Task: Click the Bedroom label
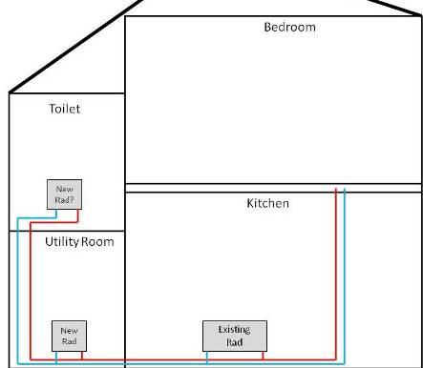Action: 289,27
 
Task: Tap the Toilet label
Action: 64,109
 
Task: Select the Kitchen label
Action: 267,203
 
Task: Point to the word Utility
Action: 62,242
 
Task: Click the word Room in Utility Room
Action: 97,242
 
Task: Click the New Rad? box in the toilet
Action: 64,194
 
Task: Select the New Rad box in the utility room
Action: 69,336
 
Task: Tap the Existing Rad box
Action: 235,336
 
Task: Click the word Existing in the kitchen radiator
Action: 234,330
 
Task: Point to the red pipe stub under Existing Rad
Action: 263,356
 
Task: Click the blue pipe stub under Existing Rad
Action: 207,358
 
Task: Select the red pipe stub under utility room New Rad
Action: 82,356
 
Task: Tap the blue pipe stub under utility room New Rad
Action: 56,358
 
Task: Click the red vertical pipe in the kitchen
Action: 336,275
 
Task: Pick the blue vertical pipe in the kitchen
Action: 345,276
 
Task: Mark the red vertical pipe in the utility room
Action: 31,291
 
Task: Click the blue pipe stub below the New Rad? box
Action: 56,214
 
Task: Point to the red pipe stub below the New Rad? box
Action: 78,216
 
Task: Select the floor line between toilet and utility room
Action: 67,231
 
